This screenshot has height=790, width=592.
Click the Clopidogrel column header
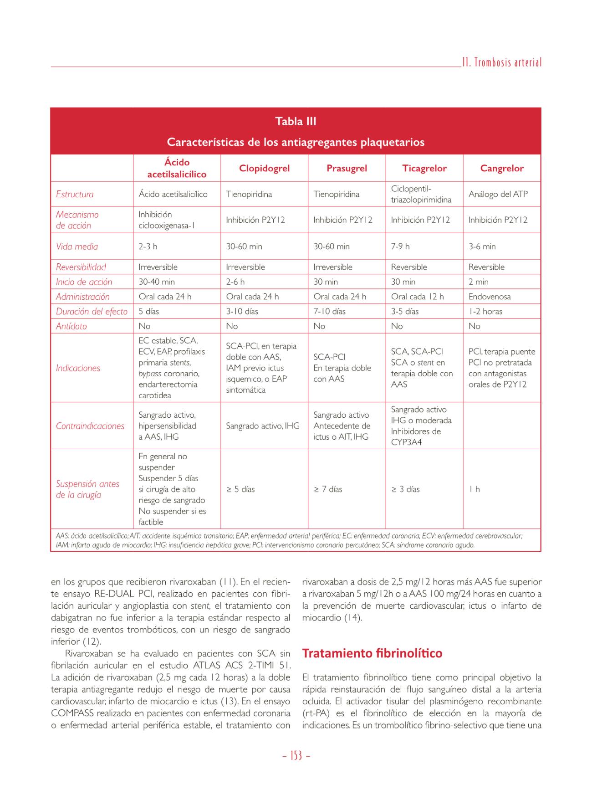[x=264, y=168]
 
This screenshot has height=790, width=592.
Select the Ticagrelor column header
[x=424, y=168]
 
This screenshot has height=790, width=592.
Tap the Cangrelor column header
[x=502, y=168]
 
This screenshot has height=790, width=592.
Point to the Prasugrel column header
[x=347, y=168]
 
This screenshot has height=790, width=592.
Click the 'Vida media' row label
[x=77, y=246]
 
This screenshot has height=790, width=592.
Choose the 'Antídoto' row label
[x=71, y=326]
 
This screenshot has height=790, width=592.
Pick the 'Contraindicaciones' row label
[x=90, y=426]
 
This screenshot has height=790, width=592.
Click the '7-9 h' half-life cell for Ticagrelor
[x=400, y=246]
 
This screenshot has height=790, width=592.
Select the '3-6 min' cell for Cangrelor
[x=482, y=246]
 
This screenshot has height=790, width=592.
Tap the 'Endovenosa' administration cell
[x=490, y=297]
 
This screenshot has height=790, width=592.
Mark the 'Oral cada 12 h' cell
[x=417, y=297]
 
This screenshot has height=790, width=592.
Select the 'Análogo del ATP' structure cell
[x=498, y=194]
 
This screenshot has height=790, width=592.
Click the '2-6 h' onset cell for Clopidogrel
[x=235, y=282]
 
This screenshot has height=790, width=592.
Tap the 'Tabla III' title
[x=296, y=121]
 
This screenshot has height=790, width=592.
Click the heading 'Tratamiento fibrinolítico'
[x=372, y=653]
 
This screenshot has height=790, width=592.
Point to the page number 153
[x=296, y=756]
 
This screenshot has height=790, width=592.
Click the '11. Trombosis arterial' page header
[x=501, y=62]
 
